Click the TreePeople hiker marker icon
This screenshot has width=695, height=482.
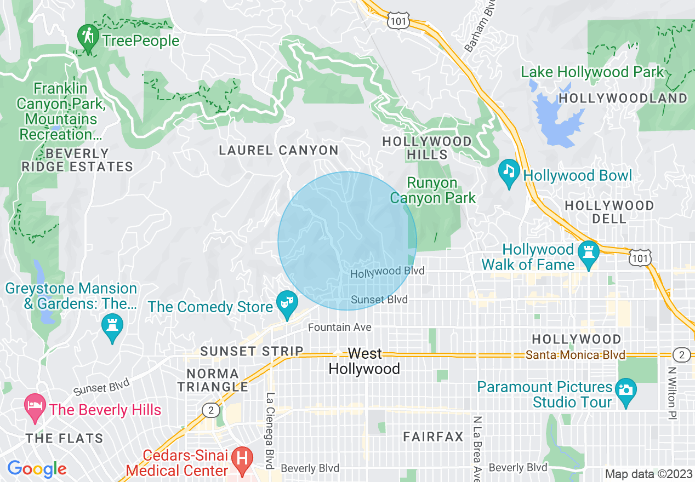click(88, 37)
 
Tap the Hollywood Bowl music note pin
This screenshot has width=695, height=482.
click(509, 171)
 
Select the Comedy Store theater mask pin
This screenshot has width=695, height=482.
click(287, 303)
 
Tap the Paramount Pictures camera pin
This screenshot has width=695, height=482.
click(626, 391)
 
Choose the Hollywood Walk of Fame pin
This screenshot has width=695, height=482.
click(588, 253)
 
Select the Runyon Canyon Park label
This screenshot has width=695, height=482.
click(433, 190)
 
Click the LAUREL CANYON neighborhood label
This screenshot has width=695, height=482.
click(278, 150)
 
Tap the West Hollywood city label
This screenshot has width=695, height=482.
click(364, 361)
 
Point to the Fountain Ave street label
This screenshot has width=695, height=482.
click(340, 328)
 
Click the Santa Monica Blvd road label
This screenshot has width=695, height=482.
click(575, 355)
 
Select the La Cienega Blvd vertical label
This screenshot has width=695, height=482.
click(270, 431)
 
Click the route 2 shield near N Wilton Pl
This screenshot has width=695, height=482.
click(681, 355)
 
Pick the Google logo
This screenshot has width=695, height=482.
click(37, 469)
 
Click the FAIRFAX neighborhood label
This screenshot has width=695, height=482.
click(433, 437)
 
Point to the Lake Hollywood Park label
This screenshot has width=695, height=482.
click(592, 72)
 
